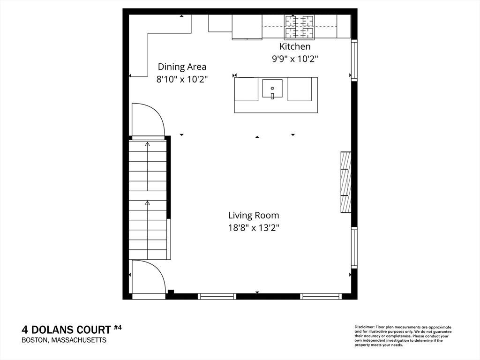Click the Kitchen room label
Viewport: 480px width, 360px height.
pyautogui.click(x=295, y=46)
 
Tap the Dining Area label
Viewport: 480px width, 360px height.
pyautogui.click(x=182, y=67)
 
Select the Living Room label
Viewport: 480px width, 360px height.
pyautogui.click(x=254, y=216)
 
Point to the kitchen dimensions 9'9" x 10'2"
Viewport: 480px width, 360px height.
pyautogui.click(x=295, y=59)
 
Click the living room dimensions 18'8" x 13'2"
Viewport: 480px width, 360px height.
pyautogui.click(x=254, y=228)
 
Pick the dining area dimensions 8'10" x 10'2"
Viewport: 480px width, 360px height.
pyautogui.click(x=182, y=79)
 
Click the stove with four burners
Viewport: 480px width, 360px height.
pyautogui.click(x=300, y=27)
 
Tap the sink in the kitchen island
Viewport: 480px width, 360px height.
pyautogui.click(x=272, y=89)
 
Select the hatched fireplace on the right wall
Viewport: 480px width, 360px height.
pyautogui.click(x=346, y=182)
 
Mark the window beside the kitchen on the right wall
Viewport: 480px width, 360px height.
pyautogui.click(x=354, y=60)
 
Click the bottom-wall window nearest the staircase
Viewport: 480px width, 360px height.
pyautogui.click(x=217, y=296)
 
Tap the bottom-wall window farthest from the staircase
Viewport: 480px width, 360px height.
pyautogui.click(x=321, y=296)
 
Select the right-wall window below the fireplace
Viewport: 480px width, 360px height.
pyautogui.click(x=354, y=247)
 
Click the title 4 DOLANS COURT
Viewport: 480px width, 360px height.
pyautogui.click(x=66, y=330)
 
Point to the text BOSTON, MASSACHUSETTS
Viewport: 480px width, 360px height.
pyautogui.click(x=64, y=340)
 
